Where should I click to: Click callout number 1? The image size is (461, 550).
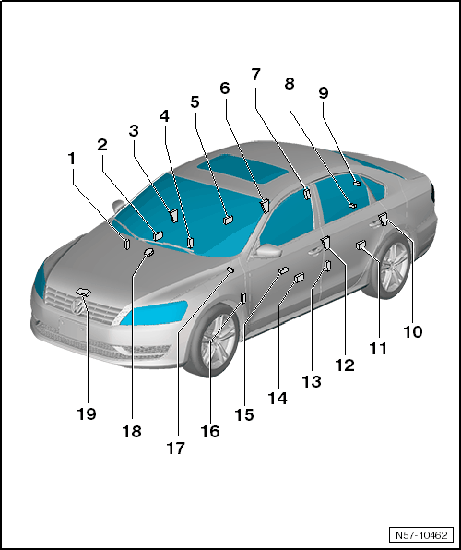72,159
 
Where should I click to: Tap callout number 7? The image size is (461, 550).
256,75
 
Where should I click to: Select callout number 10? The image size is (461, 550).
413,332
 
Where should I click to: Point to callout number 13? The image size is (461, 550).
312,382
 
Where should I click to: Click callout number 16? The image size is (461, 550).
210,432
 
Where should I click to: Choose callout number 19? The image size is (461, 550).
87,414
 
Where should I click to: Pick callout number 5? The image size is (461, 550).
195,102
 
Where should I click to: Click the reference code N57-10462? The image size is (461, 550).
421,535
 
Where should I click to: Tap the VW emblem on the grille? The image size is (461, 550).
77,307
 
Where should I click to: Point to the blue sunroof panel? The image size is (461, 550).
243,172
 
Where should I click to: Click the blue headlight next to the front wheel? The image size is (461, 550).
154,312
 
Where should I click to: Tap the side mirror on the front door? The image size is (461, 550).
268,250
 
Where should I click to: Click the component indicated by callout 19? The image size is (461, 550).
83,292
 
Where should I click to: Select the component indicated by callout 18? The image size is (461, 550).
149,252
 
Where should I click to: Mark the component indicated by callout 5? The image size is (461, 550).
229,220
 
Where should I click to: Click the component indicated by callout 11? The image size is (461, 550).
361,245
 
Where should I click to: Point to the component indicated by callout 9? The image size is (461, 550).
357,183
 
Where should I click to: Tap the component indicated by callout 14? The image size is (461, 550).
299,278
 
